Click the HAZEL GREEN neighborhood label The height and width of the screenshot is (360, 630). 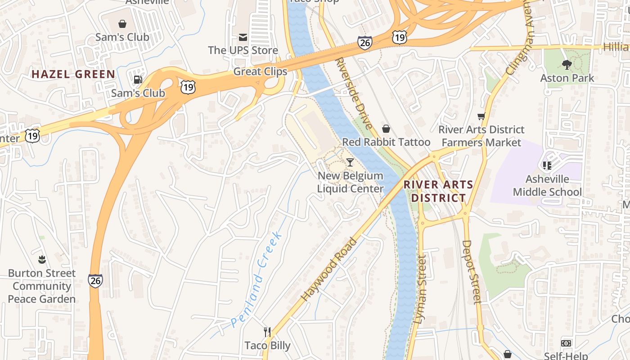(73, 74)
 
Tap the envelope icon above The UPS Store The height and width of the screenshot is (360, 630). (243, 37)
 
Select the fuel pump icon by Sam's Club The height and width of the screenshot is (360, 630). (138, 80)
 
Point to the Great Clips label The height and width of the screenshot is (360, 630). (260, 72)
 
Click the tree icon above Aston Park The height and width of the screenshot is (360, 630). (567, 65)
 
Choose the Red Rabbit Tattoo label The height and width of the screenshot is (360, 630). (386, 142)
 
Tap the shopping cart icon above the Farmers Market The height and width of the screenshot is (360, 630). (481, 117)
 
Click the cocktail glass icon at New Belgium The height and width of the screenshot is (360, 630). (350, 162)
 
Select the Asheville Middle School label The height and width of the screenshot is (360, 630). (547, 185)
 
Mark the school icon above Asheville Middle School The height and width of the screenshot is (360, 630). (547, 166)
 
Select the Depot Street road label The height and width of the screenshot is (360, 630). (471, 272)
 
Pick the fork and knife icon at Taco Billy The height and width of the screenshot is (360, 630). (268, 332)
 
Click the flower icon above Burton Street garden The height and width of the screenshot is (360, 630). (42, 259)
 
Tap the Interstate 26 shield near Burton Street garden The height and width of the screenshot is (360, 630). (95, 281)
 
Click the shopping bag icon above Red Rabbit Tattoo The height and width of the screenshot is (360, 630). (386, 129)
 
